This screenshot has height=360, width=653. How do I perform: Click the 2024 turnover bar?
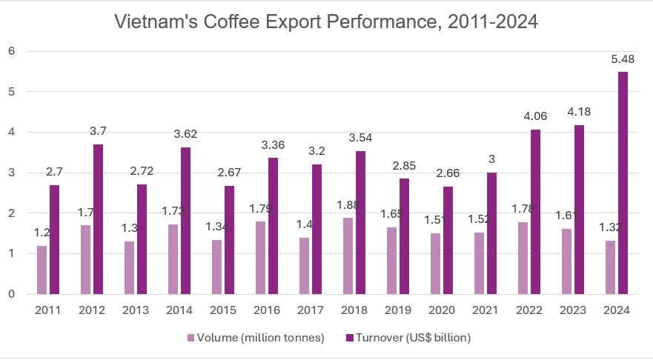623,183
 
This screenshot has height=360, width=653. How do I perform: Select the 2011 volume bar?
42,270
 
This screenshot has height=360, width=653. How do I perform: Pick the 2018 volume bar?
348,256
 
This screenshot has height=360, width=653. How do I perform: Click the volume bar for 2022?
523,258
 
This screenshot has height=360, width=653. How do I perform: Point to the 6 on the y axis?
12,51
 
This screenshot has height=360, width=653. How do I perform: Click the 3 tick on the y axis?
12,173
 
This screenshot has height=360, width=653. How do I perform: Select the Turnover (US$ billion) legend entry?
411,337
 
